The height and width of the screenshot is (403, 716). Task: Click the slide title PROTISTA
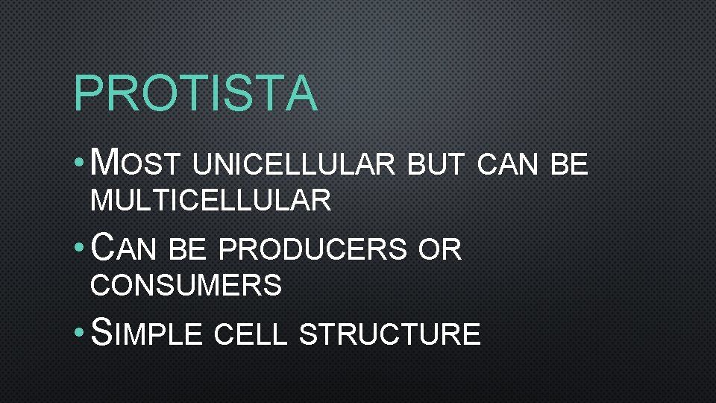tap(195, 93)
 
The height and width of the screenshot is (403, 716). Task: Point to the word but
tap(436, 165)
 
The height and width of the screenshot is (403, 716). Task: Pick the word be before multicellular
tap(569, 165)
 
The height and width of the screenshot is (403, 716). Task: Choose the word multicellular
tap(210, 201)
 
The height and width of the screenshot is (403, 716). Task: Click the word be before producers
tap(186, 249)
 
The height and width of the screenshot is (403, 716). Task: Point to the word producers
tap(313, 249)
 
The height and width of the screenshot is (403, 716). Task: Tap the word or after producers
tap(440, 249)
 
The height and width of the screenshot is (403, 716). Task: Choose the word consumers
tap(186, 285)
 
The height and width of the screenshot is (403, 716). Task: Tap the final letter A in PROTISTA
tap(301, 93)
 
